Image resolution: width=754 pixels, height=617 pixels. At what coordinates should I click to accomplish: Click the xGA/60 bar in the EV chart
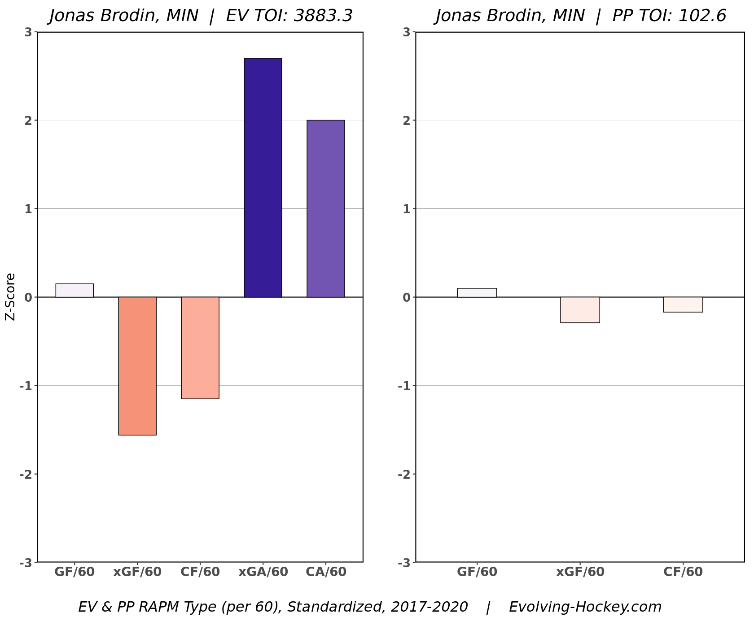click(x=263, y=178)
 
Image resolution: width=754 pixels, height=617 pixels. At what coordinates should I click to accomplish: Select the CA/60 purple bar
click(x=326, y=209)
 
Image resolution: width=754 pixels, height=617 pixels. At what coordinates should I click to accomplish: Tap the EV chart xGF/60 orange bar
click(x=137, y=366)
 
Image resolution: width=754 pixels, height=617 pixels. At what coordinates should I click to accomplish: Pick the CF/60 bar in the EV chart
click(x=200, y=348)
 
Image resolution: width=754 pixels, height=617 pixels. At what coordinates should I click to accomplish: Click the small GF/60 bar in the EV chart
click(x=75, y=291)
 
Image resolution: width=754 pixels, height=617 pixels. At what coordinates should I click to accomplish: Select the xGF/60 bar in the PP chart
click(x=580, y=310)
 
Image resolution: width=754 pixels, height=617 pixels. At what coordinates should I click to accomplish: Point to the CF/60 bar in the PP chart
click(x=683, y=304)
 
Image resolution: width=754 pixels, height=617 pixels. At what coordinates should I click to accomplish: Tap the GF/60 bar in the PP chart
click(x=477, y=293)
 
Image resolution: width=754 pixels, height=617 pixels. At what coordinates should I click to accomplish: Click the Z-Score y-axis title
click(x=10, y=297)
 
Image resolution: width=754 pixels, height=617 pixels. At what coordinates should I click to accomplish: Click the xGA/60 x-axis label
click(x=263, y=572)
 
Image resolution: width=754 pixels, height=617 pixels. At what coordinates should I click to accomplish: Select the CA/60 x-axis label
click(x=326, y=572)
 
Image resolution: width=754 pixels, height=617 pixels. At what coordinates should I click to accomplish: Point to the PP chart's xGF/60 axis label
click(x=580, y=572)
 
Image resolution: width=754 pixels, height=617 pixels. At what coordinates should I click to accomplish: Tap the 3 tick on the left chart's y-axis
click(x=28, y=32)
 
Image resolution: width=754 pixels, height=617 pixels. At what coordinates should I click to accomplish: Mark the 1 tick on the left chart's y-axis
click(x=28, y=209)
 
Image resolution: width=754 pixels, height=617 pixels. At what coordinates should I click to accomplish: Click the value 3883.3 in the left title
click(x=323, y=16)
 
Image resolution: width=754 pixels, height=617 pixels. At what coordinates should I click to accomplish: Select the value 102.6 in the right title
click(x=702, y=16)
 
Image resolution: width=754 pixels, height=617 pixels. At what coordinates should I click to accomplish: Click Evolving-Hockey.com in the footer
click(x=585, y=607)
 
